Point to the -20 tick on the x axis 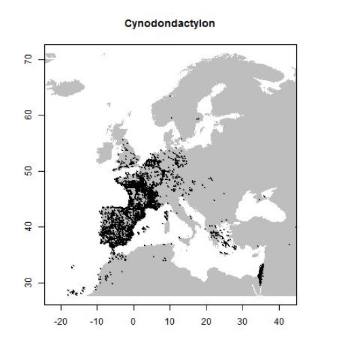point(60,317)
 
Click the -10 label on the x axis point(97,317)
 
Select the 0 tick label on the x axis point(134,317)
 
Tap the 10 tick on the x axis point(170,317)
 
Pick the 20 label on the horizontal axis point(206,317)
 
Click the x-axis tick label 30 point(242,317)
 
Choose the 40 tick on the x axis point(279,317)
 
